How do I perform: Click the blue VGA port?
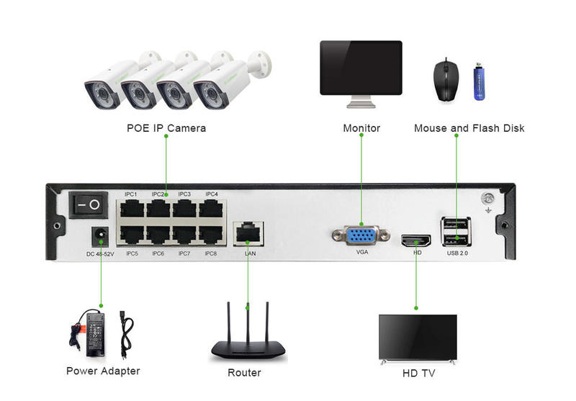(361, 237)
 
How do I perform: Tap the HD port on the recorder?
(416, 240)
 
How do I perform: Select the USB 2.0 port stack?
(457, 233)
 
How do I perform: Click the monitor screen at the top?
(361, 68)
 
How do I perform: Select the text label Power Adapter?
(103, 371)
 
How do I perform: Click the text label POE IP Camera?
(166, 128)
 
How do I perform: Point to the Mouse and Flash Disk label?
(469, 128)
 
